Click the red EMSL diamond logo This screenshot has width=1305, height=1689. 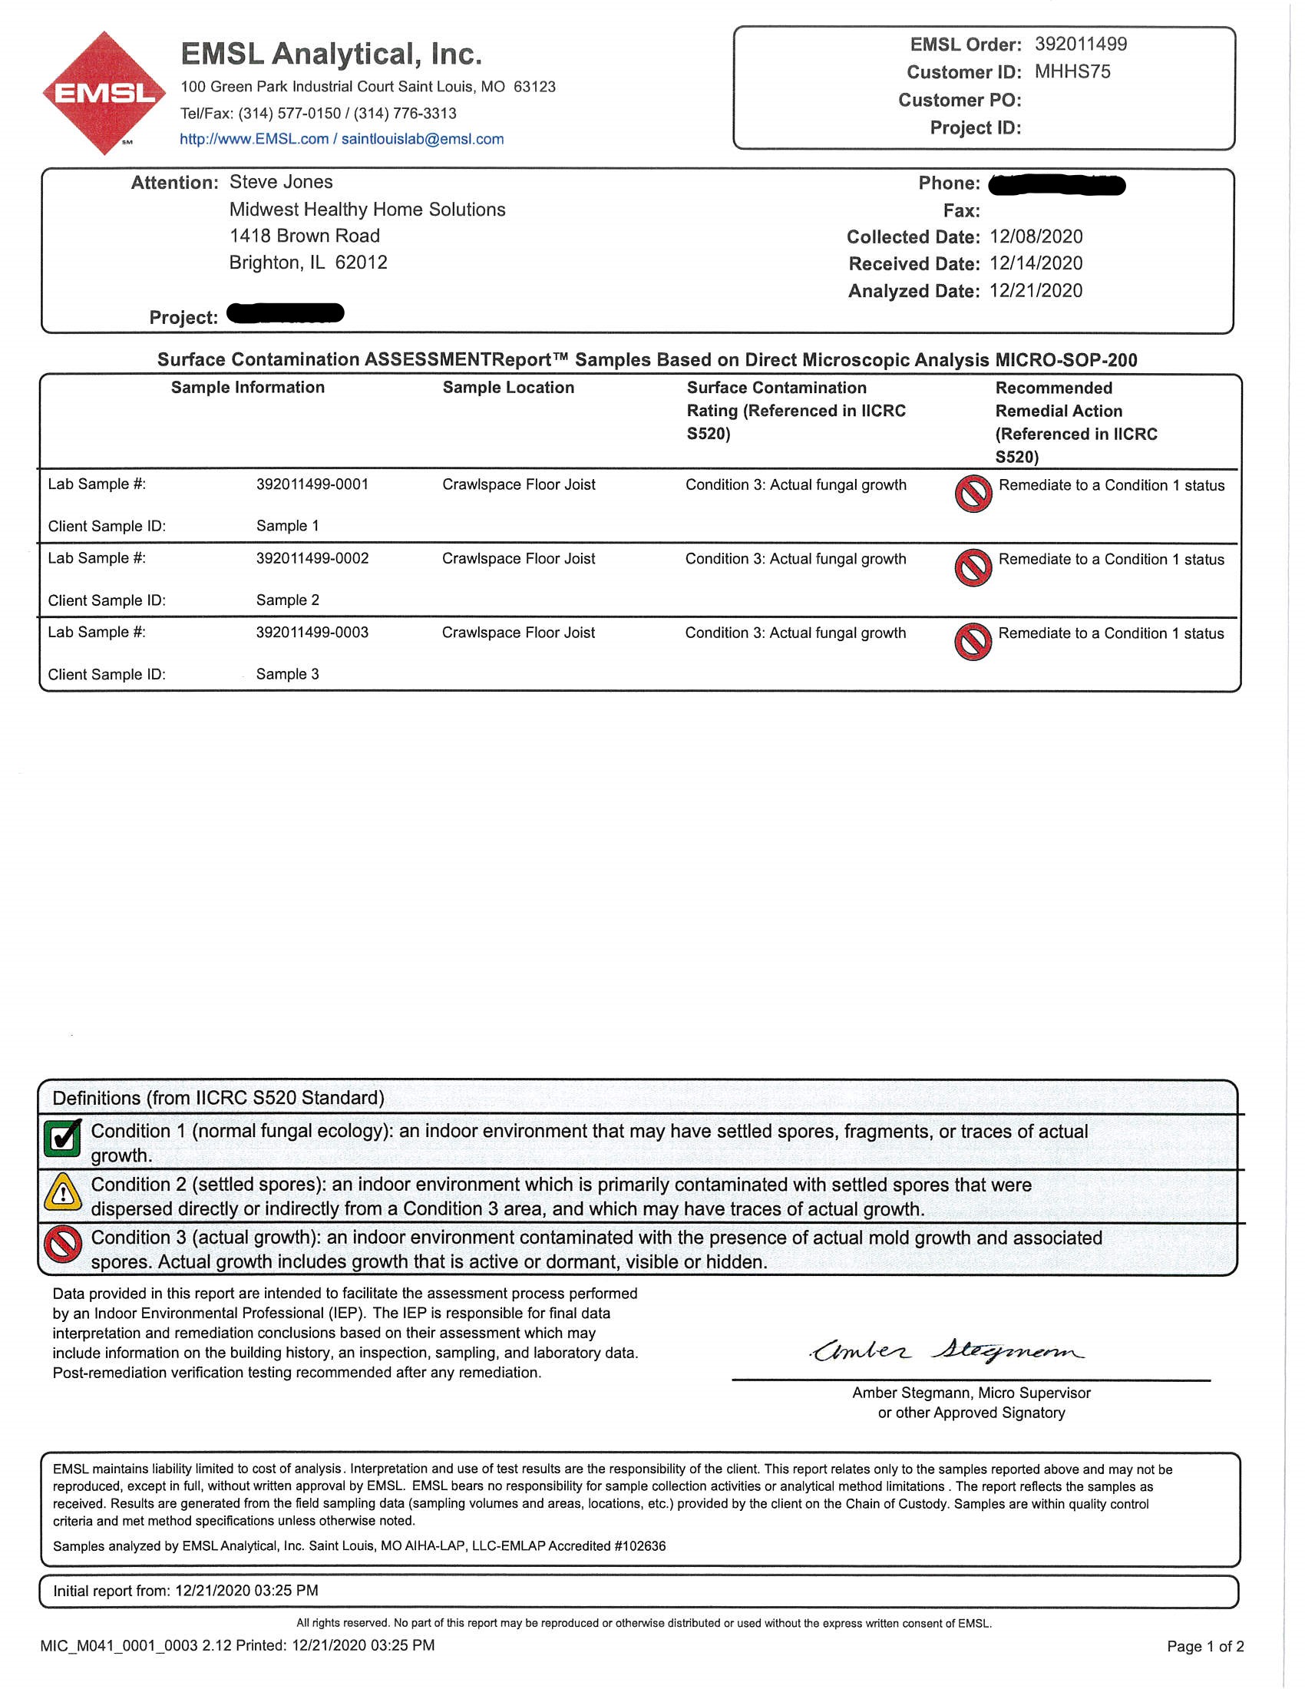click(104, 93)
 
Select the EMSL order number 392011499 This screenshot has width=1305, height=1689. click(1080, 44)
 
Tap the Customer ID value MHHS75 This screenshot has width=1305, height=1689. click(1072, 72)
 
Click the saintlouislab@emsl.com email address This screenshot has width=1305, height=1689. click(422, 139)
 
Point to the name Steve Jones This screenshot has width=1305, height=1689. click(281, 182)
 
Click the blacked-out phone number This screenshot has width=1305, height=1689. click(1056, 185)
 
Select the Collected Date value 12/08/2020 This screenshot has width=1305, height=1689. click(1036, 236)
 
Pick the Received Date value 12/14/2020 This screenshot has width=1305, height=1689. click(1036, 263)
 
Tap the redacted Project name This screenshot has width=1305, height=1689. click(286, 313)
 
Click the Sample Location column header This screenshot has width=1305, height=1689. click(508, 388)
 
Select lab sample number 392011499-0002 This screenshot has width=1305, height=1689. click(312, 558)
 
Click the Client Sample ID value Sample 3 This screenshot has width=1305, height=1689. click(287, 674)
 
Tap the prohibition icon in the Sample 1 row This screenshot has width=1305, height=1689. click(973, 494)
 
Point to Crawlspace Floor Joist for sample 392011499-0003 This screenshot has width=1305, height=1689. click(518, 633)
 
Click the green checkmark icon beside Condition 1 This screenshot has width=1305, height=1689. click(63, 1138)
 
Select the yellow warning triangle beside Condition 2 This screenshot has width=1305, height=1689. click(63, 1192)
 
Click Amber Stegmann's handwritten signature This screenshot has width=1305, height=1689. click(947, 1350)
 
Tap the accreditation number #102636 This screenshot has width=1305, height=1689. click(639, 1546)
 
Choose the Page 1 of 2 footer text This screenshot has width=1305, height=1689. click(1204, 1647)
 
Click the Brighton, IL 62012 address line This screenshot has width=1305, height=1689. click(308, 263)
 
